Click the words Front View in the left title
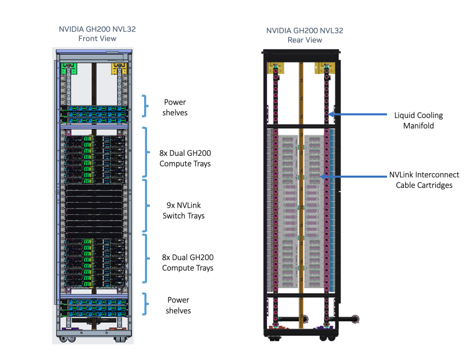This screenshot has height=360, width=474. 97,39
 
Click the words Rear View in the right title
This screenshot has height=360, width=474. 305,40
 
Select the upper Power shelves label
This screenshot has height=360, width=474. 175,107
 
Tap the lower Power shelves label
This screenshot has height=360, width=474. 178,305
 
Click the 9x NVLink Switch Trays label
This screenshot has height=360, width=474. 183,210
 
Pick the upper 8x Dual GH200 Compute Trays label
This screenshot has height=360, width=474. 185,158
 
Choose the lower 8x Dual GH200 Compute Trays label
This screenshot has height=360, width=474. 187,263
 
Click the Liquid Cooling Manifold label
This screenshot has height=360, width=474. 418,120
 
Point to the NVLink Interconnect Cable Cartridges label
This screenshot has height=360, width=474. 424,180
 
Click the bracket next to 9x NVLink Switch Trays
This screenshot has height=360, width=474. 146,206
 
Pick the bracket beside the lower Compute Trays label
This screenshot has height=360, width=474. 146,258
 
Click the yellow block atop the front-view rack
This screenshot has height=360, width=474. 118,67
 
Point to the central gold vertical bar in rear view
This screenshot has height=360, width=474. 301,194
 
